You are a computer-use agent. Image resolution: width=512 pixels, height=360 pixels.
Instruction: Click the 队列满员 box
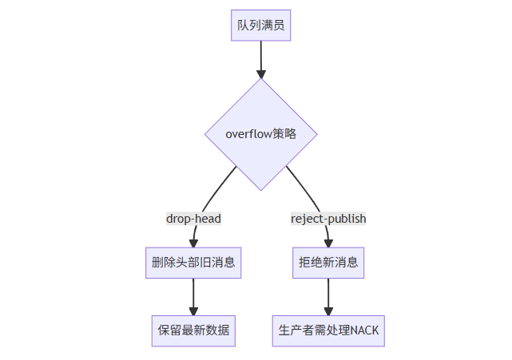pyautogui.click(x=260, y=26)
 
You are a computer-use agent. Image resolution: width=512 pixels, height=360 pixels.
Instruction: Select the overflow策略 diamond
pyautogui.click(x=261, y=134)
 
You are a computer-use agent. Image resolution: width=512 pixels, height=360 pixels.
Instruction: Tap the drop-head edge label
pyautogui.click(x=193, y=218)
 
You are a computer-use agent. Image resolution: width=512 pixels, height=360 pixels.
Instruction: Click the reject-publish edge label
pyautogui.click(x=328, y=218)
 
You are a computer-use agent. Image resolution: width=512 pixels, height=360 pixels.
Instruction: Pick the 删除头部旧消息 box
pyautogui.click(x=193, y=262)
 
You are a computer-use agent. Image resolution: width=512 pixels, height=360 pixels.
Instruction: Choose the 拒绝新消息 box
pyautogui.click(x=328, y=262)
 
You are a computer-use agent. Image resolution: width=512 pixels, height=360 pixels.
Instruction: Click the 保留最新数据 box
pyautogui.click(x=193, y=330)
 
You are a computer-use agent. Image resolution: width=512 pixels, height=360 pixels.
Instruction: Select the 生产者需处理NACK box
pyautogui.click(x=328, y=330)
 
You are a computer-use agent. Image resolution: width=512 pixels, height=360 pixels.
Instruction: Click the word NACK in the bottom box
pyautogui.click(x=365, y=330)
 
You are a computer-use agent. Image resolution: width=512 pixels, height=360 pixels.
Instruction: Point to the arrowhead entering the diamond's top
pyautogui.click(x=261, y=73)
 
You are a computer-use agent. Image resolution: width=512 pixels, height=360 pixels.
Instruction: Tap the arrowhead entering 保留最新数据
pyautogui.click(x=193, y=311)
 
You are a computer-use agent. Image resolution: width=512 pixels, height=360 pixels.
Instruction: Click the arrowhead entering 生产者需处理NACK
pyautogui.click(x=328, y=311)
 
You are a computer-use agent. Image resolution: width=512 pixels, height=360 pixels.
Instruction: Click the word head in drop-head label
pyautogui.click(x=207, y=218)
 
